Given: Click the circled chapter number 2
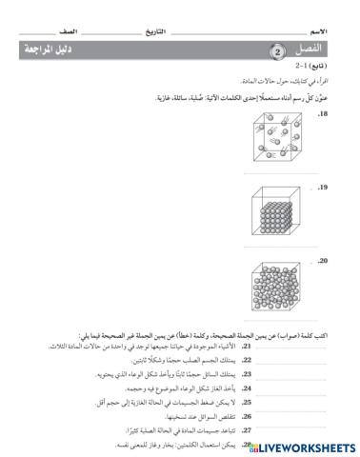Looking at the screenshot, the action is [275, 50].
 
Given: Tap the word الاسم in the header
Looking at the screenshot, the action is [334, 30].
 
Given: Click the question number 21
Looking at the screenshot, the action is [218, 348].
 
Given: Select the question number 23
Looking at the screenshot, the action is [218, 375].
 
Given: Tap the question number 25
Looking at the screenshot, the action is [218, 403].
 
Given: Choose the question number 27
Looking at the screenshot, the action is [218, 430].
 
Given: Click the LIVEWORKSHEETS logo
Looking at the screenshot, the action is [305, 446].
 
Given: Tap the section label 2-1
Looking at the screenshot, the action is [304, 69].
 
